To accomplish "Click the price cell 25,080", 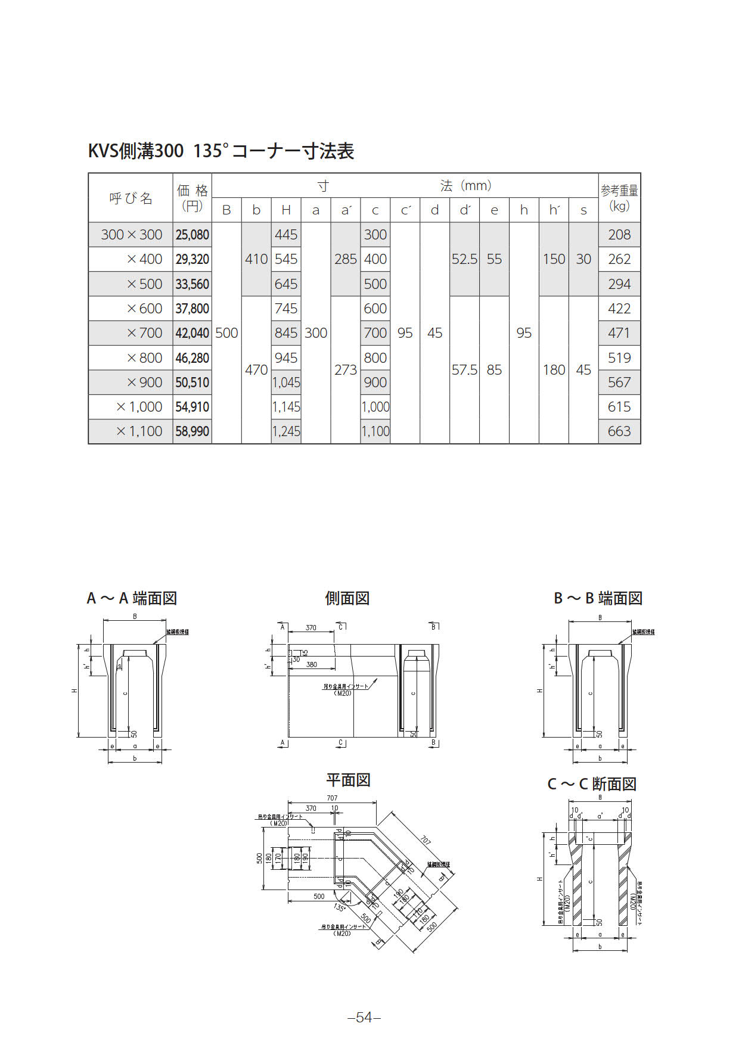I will click(x=192, y=235).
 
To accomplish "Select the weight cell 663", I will click(x=619, y=431).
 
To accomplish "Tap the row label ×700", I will click(x=144, y=333).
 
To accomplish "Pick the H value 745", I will click(x=286, y=309).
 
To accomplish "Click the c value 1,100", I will click(x=375, y=431).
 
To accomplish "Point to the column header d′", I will click(x=465, y=210).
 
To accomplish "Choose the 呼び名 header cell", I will click(x=131, y=198).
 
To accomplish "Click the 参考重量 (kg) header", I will click(x=619, y=198).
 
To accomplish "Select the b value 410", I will click(x=256, y=259).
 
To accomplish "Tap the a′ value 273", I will click(x=346, y=370).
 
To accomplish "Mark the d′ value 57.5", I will click(x=464, y=370).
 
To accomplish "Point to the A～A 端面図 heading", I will click(x=132, y=598).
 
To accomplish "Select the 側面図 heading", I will click(x=347, y=598).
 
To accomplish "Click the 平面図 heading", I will click(x=348, y=780).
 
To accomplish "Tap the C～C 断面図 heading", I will click(x=592, y=784).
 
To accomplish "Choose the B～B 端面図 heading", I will click(x=598, y=598).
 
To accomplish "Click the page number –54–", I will click(x=364, y=1018).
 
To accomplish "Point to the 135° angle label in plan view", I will click(x=339, y=907).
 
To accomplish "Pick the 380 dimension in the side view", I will click(x=312, y=664).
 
